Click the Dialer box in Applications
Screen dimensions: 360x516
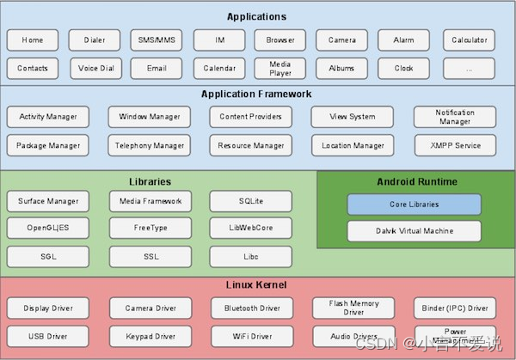tap(95, 40)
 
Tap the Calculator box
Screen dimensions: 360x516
tap(469, 40)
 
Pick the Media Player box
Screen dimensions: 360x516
tap(279, 68)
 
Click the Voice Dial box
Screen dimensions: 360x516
tap(95, 68)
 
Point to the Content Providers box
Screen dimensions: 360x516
tap(250, 117)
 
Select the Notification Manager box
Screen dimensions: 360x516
tap(454, 117)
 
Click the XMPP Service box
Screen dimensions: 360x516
tap(454, 145)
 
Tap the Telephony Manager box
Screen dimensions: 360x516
tap(150, 145)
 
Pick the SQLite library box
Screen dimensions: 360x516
tap(250, 201)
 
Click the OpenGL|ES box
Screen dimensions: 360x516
tap(48, 229)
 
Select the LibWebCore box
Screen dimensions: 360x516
tap(250, 229)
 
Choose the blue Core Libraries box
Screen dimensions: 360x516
tap(414, 204)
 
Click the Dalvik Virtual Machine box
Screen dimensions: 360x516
tap(414, 230)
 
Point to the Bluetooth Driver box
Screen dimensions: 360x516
tap(251, 308)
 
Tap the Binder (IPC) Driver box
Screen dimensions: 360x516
tap(454, 308)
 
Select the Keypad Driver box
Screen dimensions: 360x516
tap(150, 335)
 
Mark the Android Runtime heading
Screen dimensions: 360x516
tap(417, 181)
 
